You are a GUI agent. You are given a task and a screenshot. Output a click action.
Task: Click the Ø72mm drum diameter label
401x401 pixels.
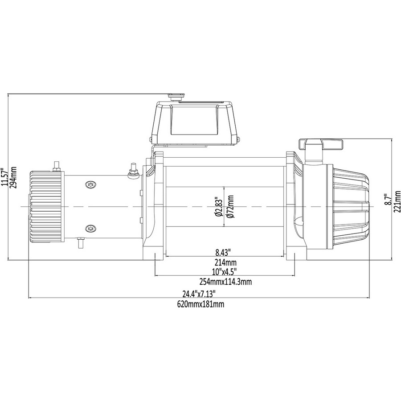pos(230,206)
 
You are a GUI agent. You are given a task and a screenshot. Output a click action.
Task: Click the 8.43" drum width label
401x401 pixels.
pos(223,253)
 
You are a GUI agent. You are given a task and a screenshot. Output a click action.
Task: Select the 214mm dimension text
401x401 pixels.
pos(226,262)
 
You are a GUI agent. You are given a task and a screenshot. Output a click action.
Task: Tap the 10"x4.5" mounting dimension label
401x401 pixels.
pos(224,271)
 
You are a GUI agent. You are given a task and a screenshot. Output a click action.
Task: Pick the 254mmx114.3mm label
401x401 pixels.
pos(225,282)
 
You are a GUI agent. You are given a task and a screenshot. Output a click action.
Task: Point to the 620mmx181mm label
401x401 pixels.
pos(200,304)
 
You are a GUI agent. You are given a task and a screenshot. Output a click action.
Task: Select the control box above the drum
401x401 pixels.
pos(195,124)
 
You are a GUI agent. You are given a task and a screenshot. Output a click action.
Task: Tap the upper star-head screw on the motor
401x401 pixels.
pos(90,184)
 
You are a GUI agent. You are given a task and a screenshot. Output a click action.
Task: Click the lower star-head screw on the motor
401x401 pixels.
pos(90,229)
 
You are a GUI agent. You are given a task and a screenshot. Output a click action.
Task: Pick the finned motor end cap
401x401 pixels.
pos(45,206)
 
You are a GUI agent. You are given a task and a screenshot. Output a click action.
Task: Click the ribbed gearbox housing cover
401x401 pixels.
pos(348,206)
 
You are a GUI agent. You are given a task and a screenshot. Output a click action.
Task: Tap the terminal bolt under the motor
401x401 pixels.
pos(81,242)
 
